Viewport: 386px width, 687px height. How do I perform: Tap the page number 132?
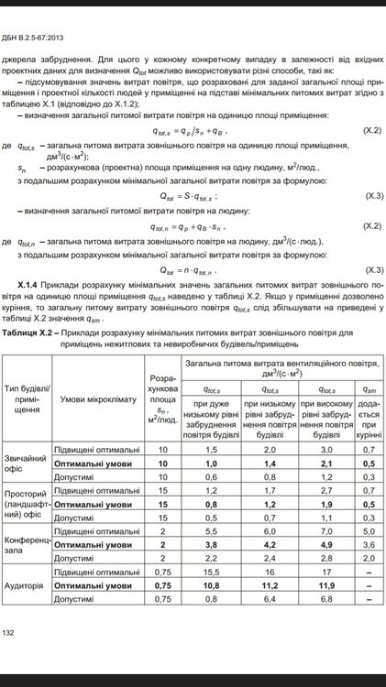[9, 633]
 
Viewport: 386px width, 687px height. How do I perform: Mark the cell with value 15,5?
[211, 571]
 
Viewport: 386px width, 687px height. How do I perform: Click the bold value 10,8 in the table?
[211, 584]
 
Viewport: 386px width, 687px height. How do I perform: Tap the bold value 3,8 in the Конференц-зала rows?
[211, 544]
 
